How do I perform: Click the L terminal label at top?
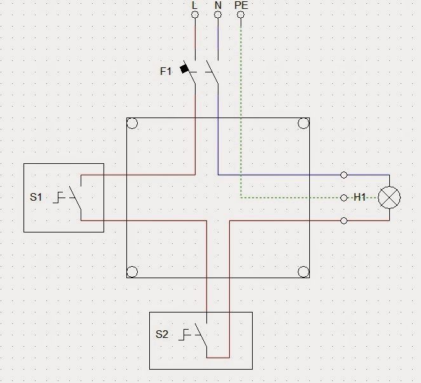click(x=195, y=4)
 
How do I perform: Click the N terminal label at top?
click(x=218, y=4)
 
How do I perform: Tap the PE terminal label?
click(x=241, y=4)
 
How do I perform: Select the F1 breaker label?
click(x=165, y=71)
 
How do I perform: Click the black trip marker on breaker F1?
click(x=185, y=68)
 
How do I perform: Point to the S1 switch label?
click(x=36, y=197)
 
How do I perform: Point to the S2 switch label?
click(x=162, y=334)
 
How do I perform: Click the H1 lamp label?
click(x=360, y=198)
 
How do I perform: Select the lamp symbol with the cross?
click(x=389, y=198)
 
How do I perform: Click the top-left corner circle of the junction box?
click(x=132, y=123)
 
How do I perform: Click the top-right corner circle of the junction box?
click(x=303, y=123)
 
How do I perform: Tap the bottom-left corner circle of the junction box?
click(x=132, y=272)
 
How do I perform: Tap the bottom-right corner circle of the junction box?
click(x=303, y=272)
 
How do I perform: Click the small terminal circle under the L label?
click(x=195, y=14)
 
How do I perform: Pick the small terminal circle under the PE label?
click(x=241, y=14)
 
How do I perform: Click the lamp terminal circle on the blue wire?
click(x=344, y=175)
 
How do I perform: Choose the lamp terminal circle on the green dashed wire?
click(x=344, y=198)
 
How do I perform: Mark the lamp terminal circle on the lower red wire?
click(x=344, y=220)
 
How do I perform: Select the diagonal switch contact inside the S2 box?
click(x=202, y=335)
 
